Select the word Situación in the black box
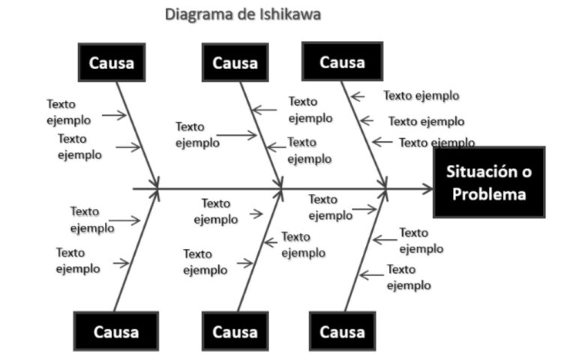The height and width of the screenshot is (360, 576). [488, 171]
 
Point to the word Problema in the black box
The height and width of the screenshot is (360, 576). [489, 193]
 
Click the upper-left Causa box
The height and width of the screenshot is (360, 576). [112, 62]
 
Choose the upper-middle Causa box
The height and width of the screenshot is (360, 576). [235, 62]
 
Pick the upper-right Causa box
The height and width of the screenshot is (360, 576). [342, 61]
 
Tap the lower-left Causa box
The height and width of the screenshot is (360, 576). [116, 331]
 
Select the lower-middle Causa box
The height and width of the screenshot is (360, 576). [235, 331]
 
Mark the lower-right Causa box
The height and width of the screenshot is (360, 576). [341, 331]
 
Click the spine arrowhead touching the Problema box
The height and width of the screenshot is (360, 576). [427, 188]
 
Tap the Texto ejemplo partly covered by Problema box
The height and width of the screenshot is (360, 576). [436, 142]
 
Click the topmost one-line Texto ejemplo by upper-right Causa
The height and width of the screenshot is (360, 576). [421, 96]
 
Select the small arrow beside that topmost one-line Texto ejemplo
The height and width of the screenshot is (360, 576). [358, 96]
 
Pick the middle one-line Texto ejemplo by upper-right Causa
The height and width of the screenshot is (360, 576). [426, 121]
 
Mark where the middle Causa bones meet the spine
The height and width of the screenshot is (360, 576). [282, 189]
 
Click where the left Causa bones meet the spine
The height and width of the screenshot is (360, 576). [158, 188]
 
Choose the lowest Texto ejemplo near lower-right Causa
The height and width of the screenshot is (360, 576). [409, 277]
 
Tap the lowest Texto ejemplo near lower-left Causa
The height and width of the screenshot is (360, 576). [78, 260]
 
